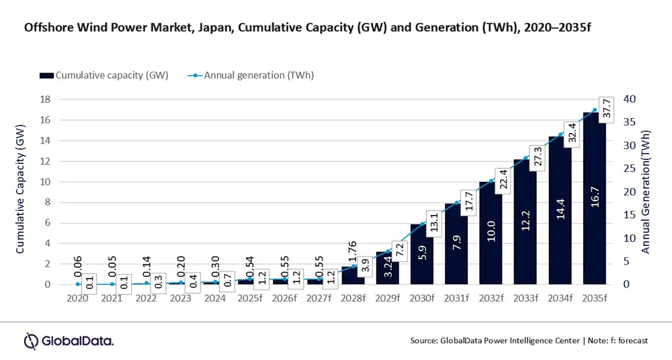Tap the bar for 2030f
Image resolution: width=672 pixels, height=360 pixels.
click(423, 255)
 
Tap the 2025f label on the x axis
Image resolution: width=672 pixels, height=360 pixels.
click(250, 298)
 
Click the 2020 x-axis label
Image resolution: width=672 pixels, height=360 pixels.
click(78, 298)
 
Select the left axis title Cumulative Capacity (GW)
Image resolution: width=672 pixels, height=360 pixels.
click(20, 190)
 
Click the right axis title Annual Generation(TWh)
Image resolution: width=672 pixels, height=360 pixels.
click(646, 193)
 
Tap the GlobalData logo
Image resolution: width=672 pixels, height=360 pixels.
click(69, 341)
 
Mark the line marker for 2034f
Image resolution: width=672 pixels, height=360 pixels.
click(560, 134)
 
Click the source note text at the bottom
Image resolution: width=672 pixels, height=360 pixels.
click(529, 341)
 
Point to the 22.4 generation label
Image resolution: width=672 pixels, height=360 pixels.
click(503, 179)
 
